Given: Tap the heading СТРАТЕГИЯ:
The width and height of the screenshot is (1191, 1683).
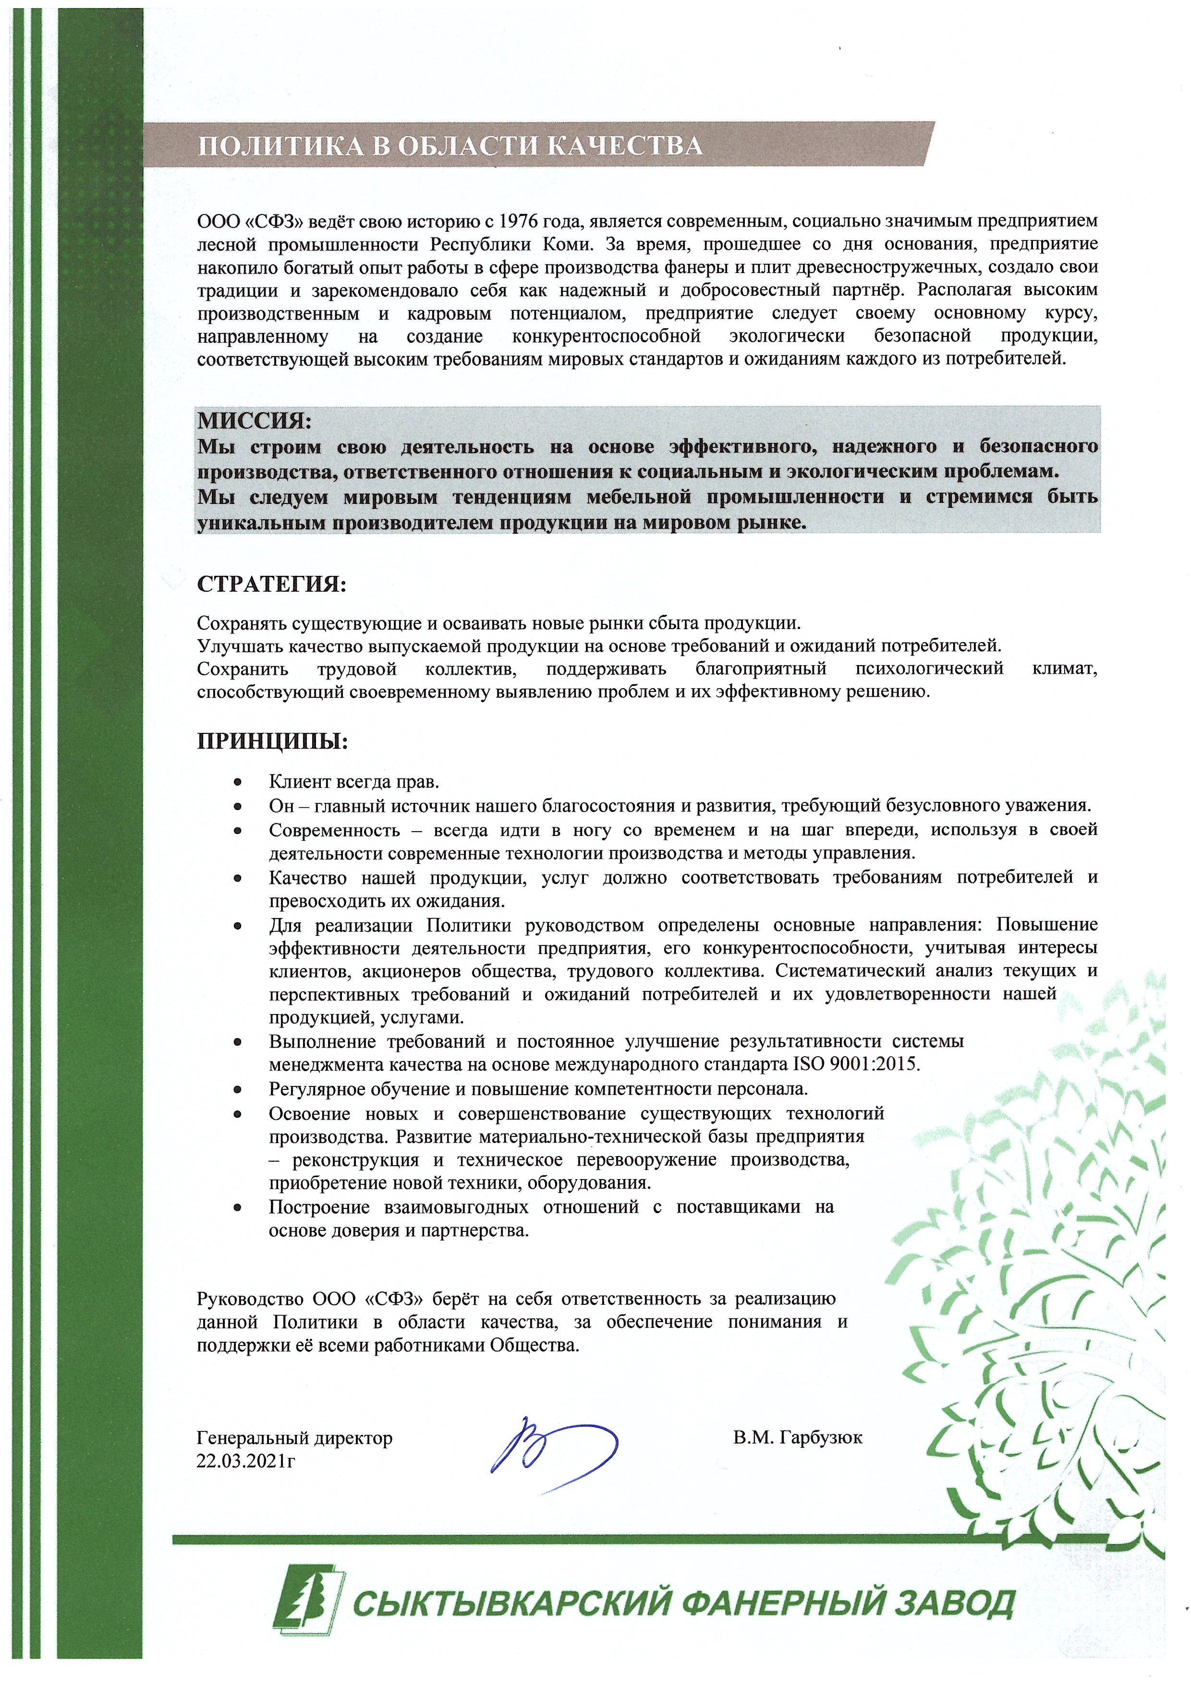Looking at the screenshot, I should click(x=270, y=585).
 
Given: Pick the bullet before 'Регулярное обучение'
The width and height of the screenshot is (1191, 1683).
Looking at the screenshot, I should click(x=238, y=1088).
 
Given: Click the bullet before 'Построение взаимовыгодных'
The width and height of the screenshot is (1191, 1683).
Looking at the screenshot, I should click(x=238, y=1207).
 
